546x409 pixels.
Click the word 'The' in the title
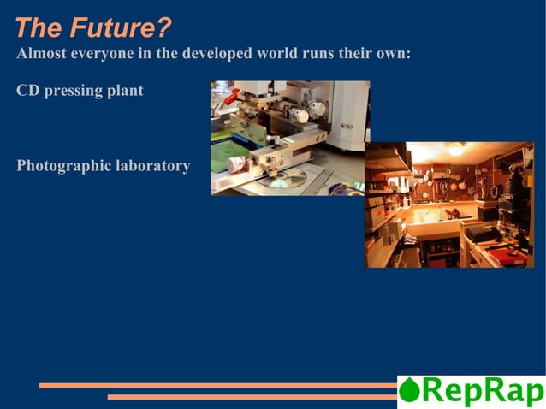click(36, 28)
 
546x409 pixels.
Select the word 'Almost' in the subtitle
click(40, 54)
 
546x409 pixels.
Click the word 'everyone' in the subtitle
click(100, 54)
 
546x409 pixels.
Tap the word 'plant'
click(125, 91)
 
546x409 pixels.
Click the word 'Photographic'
click(63, 166)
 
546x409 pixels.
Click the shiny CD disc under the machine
click(287, 178)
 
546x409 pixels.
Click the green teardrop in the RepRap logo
click(410, 391)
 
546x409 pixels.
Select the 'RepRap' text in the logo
click(483, 391)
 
